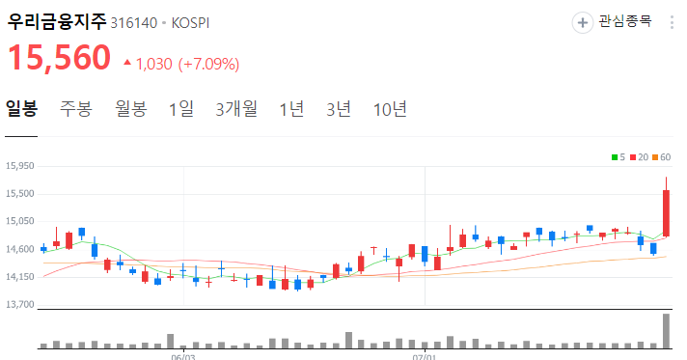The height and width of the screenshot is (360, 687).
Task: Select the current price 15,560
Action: point(60,59)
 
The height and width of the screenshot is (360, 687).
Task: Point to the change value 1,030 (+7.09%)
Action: point(186,64)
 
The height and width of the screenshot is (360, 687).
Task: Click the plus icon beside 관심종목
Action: point(583,21)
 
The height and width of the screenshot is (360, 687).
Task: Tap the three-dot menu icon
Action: point(672,21)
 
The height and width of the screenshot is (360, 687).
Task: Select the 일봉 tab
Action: point(21,108)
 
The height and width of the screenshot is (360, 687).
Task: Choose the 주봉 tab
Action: point(75,108)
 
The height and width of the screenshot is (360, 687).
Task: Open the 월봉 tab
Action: point(130,108)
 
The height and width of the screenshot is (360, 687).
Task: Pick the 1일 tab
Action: point(180,108)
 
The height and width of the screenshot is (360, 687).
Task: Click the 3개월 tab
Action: point(236,108)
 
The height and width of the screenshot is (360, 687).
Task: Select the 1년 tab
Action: point(290,108)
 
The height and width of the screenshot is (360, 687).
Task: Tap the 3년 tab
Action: point(339,108)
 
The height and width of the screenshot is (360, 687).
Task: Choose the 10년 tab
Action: point(390,108)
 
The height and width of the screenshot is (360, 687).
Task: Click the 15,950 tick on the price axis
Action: point(20,166)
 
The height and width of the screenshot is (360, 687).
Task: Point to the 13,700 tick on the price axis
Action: point(20,305)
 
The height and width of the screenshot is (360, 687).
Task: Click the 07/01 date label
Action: point(425,355)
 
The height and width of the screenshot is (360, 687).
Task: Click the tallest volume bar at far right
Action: point(666,330)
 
